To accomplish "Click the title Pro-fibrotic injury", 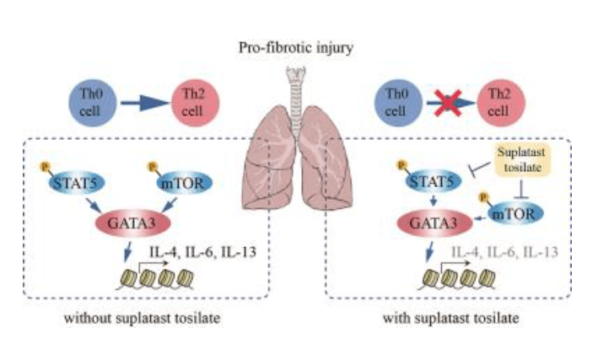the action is (x=296, y=48).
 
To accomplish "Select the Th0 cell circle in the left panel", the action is (x=92, y=103).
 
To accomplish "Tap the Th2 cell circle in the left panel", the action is (x=195, y=103).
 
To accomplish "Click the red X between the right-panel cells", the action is (x=450, y=103).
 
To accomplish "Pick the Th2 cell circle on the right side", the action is (x=501, y=103).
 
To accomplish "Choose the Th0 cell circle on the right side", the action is (x=398, y=103).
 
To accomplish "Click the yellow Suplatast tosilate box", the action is (x=521, y=160).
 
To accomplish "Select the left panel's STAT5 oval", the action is (x=76, y=183).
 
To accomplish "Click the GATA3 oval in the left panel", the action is (x=132, y=223).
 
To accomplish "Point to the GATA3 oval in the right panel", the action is (x=434, y=223).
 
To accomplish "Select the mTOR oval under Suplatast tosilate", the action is (x=515, y=214).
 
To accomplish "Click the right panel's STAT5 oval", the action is (x=434, y=181).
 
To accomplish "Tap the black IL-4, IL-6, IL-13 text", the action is (x=203, y=252).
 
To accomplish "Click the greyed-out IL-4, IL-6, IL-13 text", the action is (x=504, y=252).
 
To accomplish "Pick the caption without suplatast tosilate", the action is (x=142, y=318).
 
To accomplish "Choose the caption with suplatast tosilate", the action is (x=450, y=318).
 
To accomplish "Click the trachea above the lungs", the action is (x=296, y=94).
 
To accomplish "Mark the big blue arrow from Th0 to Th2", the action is (x=145, y=103).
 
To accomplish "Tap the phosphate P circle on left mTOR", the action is (x=153, y=166).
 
